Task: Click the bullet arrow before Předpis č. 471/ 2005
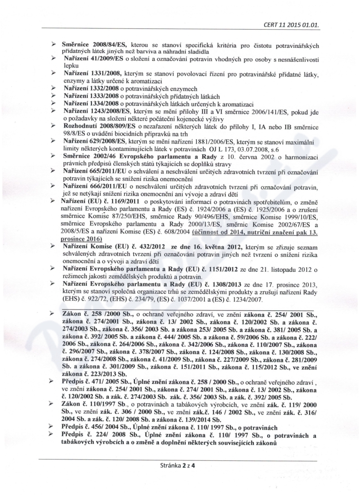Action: [53, 381]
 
